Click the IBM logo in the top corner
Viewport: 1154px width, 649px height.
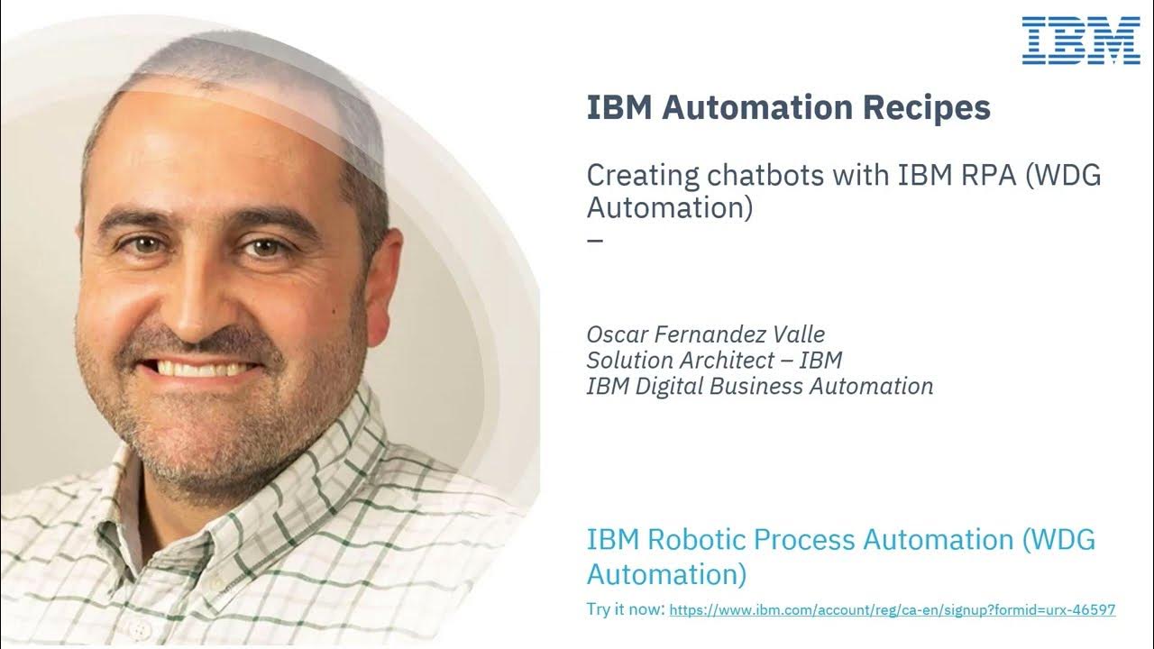click(1081, 41)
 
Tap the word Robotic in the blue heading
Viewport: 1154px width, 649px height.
click(695, 540)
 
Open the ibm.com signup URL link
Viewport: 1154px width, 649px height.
click(893, 610)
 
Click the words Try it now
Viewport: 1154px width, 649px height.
click(625, 610)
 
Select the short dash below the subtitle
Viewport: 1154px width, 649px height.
click(595, 242)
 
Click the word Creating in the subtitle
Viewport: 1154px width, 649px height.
click(630, 175)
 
